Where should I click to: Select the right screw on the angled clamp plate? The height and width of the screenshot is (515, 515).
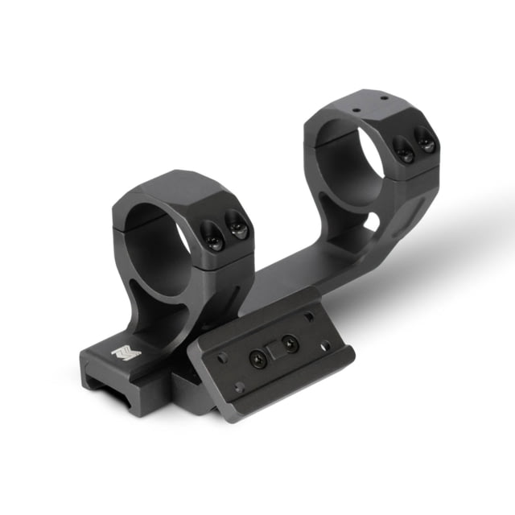(x=289, y=345)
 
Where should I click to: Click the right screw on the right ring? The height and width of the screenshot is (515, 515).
(x=426, y=143)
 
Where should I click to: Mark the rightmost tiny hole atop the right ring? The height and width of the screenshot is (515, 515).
(x=384, y=97)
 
